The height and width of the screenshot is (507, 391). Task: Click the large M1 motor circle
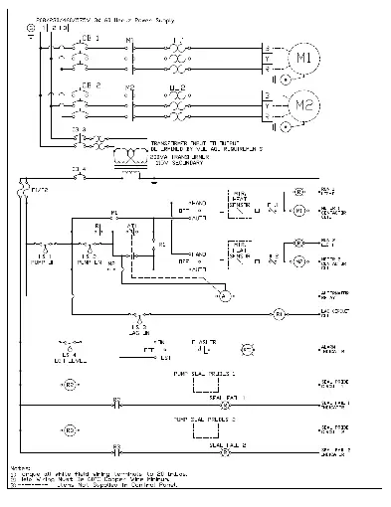point(304,57)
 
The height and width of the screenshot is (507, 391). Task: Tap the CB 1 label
point(91,39)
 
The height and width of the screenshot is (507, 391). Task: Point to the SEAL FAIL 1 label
point(223,397)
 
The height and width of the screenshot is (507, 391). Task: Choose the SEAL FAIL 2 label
point(223,445)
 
